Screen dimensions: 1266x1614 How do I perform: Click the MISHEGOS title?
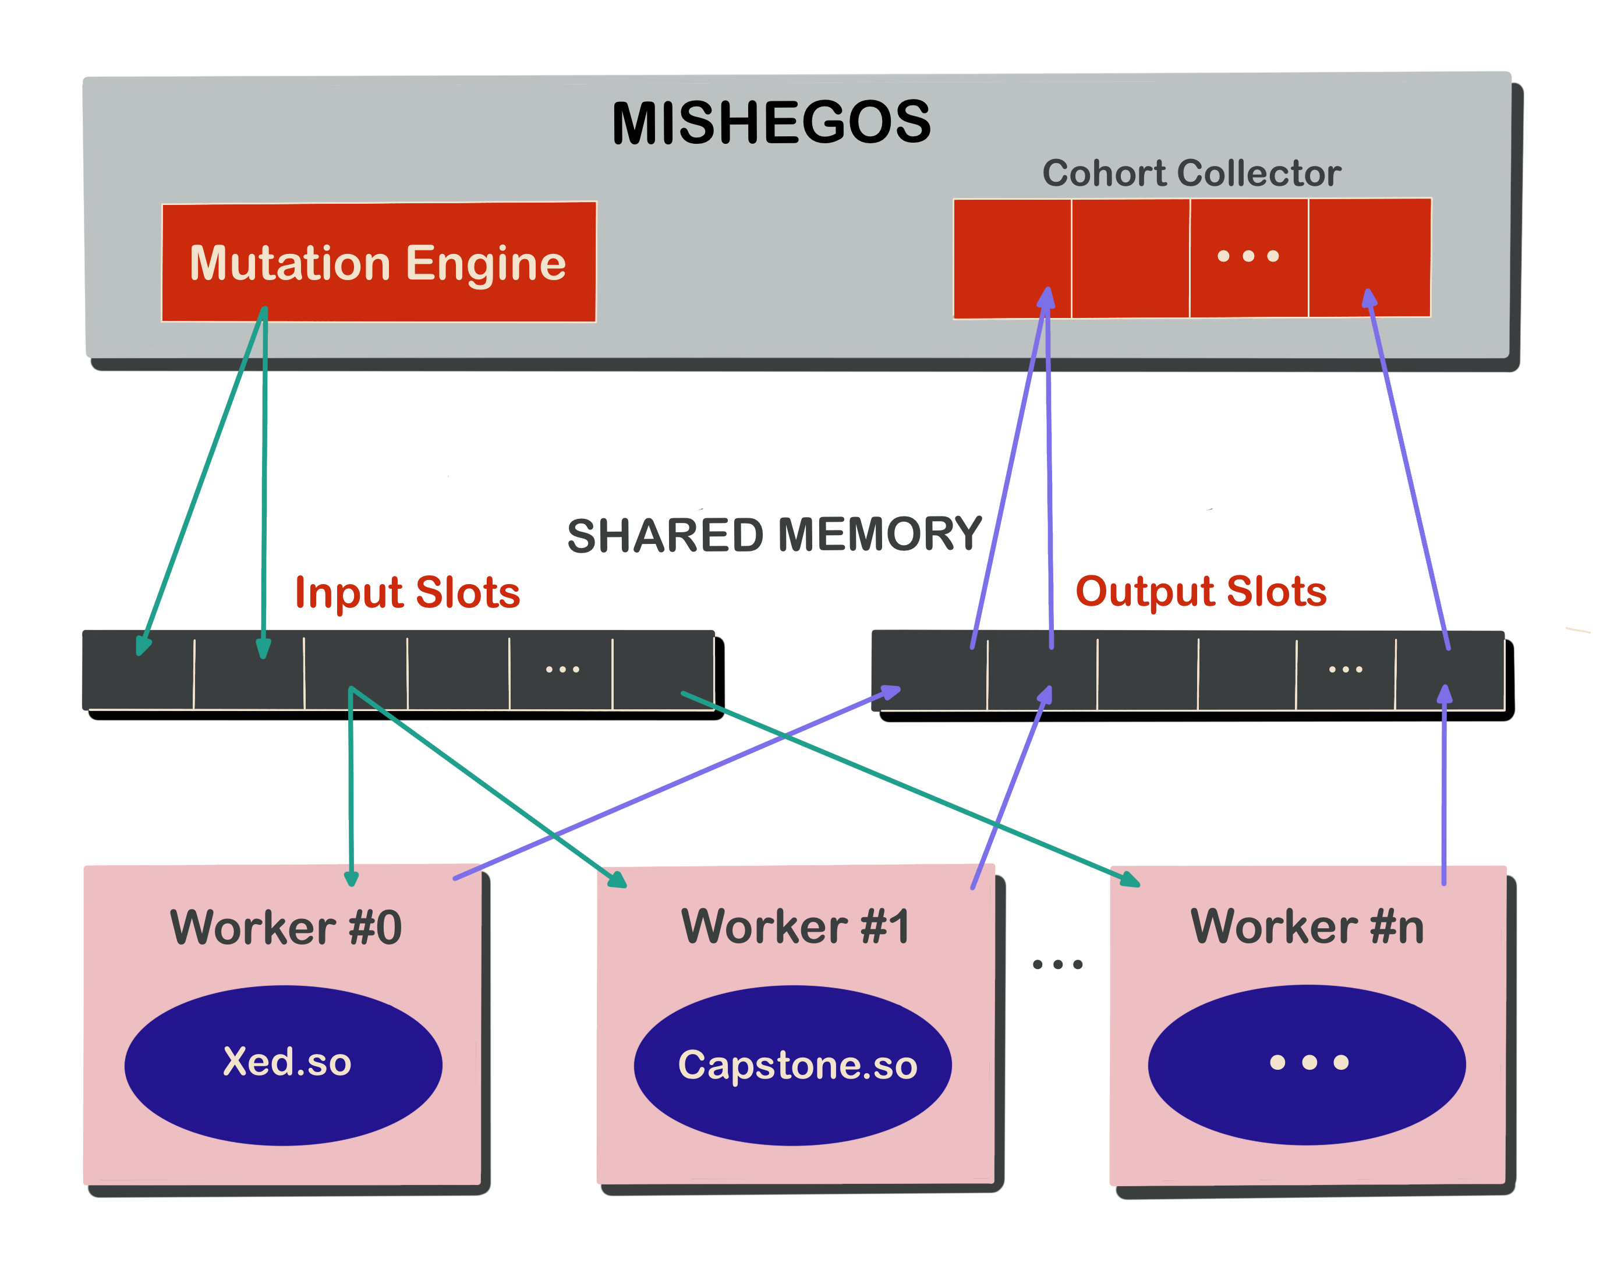pos(771,123)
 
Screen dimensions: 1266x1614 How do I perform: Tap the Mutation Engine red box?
pos(378,263)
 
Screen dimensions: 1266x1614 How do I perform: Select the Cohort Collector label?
pos(1191,174)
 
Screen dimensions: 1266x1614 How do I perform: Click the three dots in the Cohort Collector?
pos(1248,256)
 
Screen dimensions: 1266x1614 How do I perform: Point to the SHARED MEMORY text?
pos(774,535)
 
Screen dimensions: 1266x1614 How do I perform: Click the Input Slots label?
pos(408,593)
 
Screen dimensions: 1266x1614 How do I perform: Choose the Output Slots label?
pos(1201,592)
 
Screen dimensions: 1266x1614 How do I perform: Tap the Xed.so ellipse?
pos(284,1065)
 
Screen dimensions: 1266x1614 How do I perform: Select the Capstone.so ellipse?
pos(793,1066)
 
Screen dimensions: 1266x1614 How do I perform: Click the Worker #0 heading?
pos(286,927)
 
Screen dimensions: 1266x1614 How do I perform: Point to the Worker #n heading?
pos(1307,926)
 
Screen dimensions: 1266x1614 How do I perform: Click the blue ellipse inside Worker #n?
pos(1307,1065)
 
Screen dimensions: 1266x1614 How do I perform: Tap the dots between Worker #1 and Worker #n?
pos(1057,964)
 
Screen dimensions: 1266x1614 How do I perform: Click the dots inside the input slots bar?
pos(562,669)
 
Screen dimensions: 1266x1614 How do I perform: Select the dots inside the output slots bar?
pos(1345,669)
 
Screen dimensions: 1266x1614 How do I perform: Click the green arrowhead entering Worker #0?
pos(352,878)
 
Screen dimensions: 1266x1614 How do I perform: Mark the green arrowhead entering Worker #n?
pos(1130,880)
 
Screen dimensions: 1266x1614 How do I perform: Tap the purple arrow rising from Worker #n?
pos(1443,786)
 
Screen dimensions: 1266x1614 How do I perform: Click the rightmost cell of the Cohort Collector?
pos(1369,257)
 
